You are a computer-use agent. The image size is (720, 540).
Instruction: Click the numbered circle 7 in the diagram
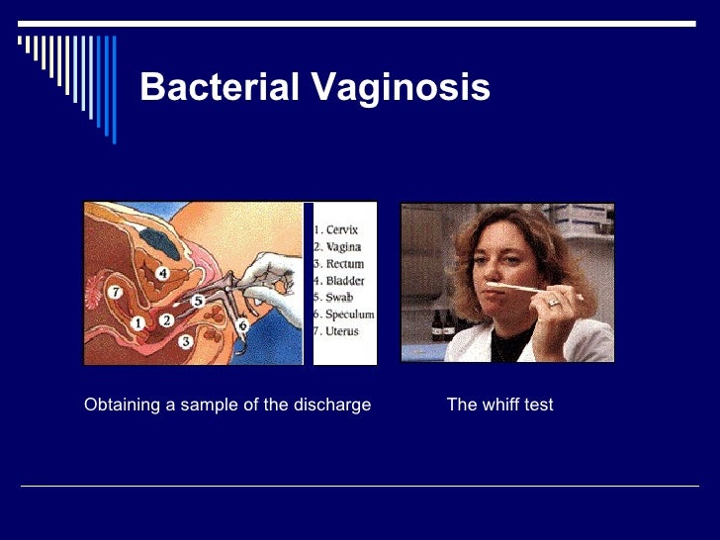(x=116, y=293)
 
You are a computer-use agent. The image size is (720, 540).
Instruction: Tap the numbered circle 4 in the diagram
(x=162, y=273)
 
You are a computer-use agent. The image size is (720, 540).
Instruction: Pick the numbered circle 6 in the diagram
(x=242, y=323)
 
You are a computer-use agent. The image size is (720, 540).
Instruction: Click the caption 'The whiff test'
(x=499, y=405)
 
